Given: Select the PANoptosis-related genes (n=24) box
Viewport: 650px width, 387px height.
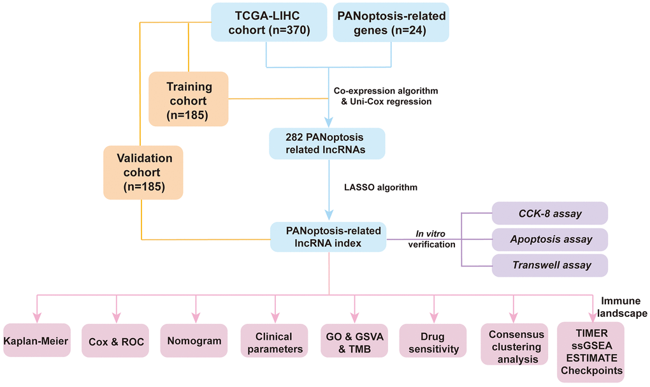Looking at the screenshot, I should click(391, 23).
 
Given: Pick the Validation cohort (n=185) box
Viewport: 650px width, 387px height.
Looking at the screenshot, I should click(144, 172).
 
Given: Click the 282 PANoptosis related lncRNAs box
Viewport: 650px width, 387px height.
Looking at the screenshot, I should click(327, 143).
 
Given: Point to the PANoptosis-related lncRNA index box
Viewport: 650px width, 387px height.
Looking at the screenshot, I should click(328, 237).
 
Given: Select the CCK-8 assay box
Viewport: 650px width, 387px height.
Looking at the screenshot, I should click(550, 214).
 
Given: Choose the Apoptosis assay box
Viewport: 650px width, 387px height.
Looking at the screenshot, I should click(550, 240).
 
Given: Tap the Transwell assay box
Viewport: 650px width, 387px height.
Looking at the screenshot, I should click(550, 265).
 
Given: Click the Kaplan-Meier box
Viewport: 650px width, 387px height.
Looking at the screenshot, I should click(36, 341).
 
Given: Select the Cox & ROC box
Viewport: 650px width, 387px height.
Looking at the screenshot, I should click(116, 342).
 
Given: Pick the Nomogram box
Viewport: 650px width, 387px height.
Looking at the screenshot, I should click(195, 340).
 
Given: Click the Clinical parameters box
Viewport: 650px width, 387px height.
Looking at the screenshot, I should click(274, 342).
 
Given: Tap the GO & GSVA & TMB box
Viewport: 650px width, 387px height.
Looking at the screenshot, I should click(354, 342).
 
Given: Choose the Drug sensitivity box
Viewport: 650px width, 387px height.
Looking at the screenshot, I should click(433, 342).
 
